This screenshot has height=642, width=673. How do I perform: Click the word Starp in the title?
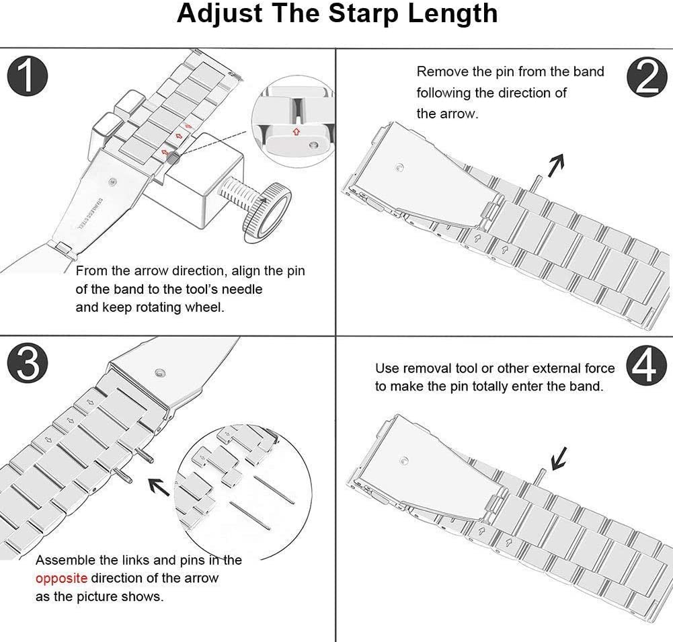point(364,13)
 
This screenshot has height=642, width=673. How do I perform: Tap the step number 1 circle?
point(27,76)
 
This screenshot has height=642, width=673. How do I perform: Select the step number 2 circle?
point(647,77)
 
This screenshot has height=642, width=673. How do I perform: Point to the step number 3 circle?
point(27,364)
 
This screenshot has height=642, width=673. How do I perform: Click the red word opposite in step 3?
point(61,579)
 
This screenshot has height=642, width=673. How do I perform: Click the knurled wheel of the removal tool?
point(267,212)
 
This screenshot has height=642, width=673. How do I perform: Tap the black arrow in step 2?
point(555,165)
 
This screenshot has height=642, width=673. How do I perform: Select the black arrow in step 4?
point(559,458)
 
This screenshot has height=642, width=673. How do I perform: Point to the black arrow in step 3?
point(159,487)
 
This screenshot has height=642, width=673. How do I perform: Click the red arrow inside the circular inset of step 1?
point(296,131)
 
